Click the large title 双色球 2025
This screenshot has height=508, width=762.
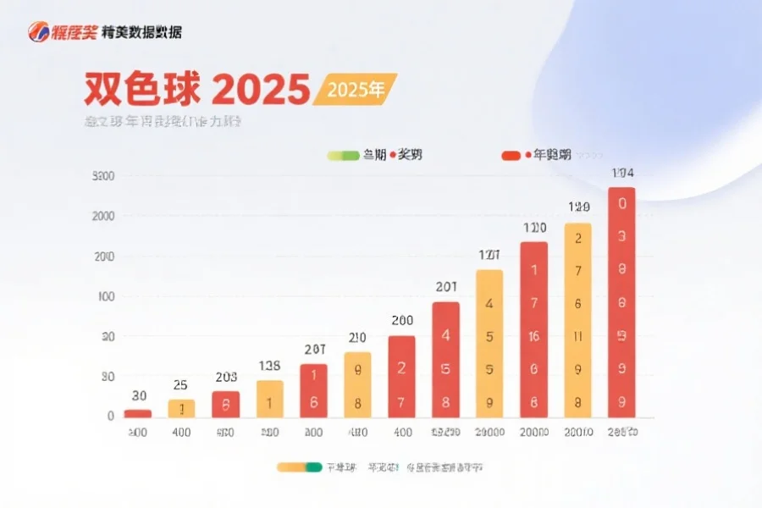click(196, 89)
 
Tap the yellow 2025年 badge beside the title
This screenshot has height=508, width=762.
click(355, 90)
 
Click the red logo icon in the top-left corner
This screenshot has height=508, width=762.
click(40, 32)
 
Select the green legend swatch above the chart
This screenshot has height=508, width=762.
click(342, 155)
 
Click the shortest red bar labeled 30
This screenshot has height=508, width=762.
click(138, 413)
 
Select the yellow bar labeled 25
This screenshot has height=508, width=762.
click(181, 408)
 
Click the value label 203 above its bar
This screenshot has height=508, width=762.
click(225, 378)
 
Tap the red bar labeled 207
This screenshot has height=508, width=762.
click(313, 390)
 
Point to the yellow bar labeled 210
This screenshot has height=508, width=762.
click(357, 384)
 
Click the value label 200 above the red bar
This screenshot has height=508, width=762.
click(402, 321)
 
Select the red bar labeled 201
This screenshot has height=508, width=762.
click(446, 360)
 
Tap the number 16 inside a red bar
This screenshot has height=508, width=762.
click(533, 336)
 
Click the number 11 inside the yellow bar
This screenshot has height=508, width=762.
click(577, 336)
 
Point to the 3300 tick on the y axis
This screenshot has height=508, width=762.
click(102, 176)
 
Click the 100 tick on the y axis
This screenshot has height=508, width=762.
click(106, 296)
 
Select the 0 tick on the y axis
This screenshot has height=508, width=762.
click(110, 416)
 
